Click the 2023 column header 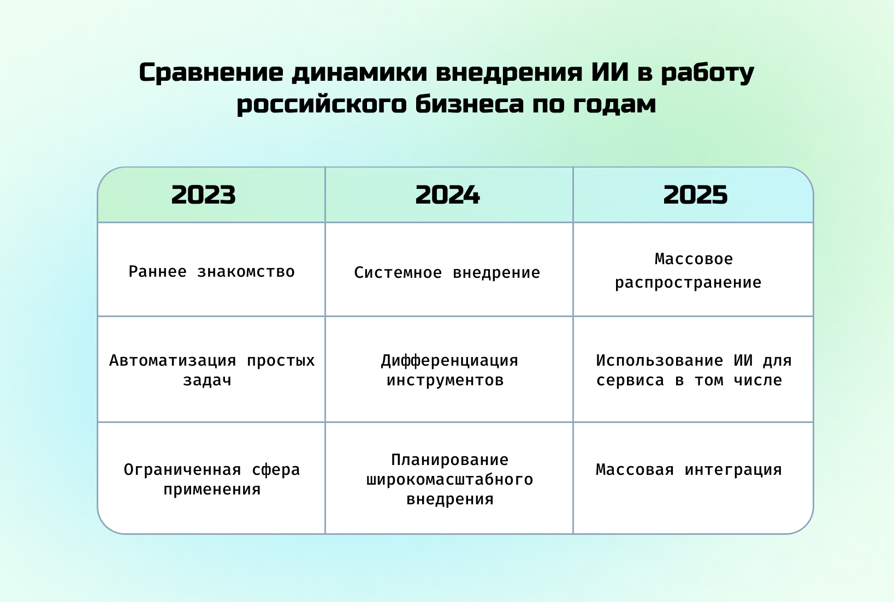coord(204,195)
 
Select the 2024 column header coord(447,195)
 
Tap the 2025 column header coord(695,195)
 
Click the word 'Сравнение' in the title coord(211,73)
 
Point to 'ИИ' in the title coord(610,73)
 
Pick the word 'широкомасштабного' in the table coord(449,480)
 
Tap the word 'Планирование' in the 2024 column coord(450,460)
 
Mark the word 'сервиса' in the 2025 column coord(630,380)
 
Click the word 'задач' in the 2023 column coord(207,380)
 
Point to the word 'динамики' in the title coord(359,73)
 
